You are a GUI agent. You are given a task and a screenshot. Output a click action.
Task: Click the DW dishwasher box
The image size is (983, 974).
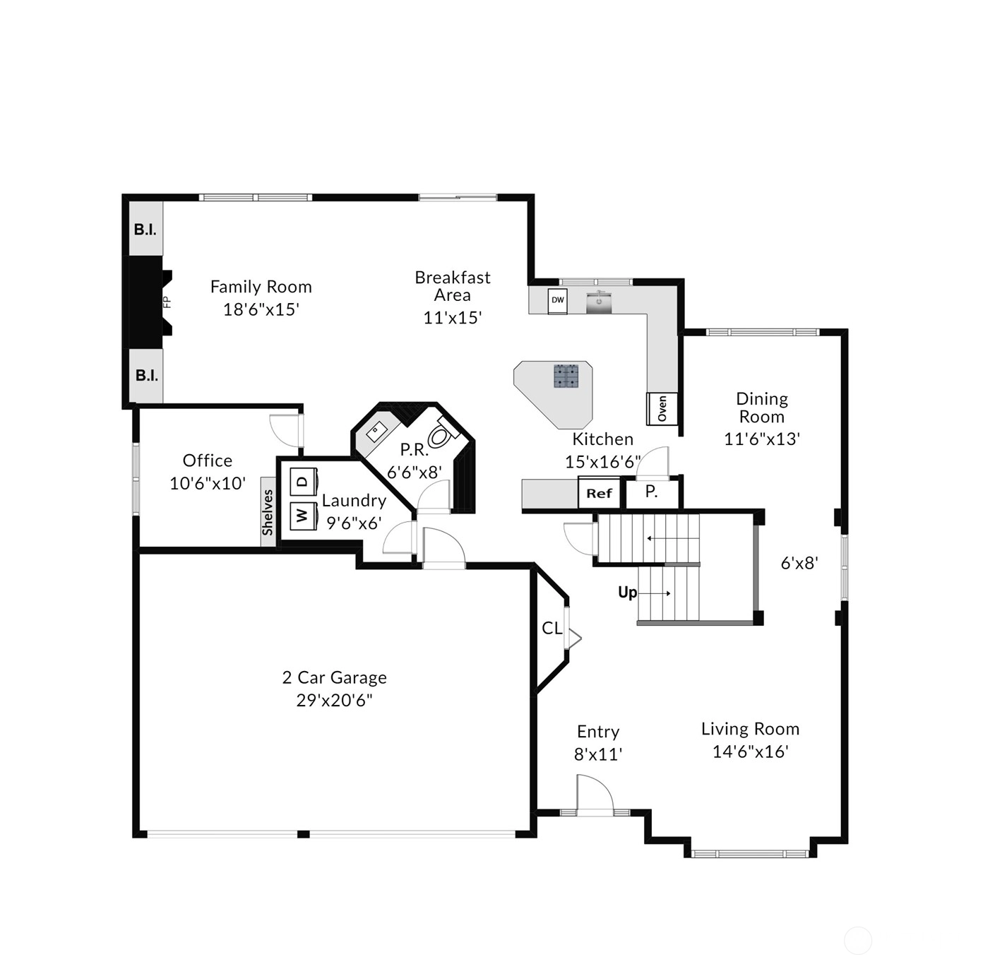(x=558, y=300)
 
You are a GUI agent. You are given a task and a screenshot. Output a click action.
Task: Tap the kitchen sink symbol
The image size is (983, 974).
(x=599, y=302)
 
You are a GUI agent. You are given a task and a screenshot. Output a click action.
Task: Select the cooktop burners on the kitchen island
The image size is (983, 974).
(x=567, y=376)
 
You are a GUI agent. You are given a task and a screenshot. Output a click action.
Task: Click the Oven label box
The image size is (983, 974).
(x=662, y=408)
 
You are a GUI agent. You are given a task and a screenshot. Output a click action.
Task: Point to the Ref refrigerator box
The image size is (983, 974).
(x=599, y=494)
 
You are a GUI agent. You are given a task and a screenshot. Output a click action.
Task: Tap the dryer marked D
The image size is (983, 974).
(x=303, y=481)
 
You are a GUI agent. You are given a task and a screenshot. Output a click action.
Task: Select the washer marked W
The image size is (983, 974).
(x=303, y=516)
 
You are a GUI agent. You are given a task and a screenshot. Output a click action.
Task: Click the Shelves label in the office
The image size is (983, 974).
(x=268, y=512)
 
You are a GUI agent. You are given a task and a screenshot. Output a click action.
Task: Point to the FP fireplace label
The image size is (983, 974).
(x=167, y=302)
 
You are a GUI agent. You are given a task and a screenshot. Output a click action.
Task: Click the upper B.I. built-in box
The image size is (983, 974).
(x=145, y=229)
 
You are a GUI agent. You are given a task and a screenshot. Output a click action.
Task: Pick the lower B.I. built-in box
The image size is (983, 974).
(x=146, y=376)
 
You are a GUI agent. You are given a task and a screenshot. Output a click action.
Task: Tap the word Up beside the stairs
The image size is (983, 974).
(x=627, y=593)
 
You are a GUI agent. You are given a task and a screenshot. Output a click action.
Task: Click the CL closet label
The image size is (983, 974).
(x=552, y=628)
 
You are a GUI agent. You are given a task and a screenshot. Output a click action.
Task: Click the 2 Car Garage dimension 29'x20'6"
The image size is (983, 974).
(x=334, y=700)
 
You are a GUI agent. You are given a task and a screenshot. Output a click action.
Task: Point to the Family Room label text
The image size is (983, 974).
(x=261, y=287)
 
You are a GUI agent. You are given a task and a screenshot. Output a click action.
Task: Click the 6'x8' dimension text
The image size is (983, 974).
(x=799, y=563)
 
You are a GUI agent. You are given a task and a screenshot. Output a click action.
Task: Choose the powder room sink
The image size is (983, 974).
(x=376, y=433)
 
